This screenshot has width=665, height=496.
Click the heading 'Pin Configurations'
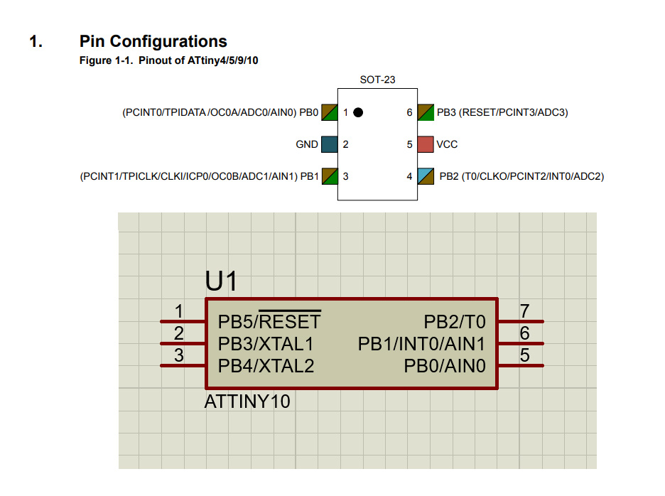(153, 41)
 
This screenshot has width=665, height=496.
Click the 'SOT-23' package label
(377, 80)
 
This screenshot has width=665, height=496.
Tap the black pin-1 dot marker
(358, 112)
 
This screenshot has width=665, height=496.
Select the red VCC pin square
(426, 144)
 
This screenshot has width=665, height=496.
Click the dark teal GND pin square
(329, 144)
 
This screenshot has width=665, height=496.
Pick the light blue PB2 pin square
(426, 176)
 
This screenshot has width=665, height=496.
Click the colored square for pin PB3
(426, 112)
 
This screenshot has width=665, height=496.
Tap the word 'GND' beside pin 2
(307, 144)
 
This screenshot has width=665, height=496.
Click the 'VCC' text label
(448, 144)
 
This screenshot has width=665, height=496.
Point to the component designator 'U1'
(221, 282)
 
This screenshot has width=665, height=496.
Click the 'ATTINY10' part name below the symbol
(247, 401)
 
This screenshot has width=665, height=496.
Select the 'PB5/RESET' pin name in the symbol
(269, 322)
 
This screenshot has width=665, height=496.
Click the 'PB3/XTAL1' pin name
(266, 344)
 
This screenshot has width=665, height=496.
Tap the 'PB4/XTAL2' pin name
(266, 366)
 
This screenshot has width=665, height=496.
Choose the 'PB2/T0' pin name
(455, 322)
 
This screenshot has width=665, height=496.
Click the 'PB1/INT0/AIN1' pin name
(422, 344)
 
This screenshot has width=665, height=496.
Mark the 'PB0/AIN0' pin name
(445, 366)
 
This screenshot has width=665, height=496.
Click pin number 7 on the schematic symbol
(525, 311)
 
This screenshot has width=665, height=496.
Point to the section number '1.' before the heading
(36, 41)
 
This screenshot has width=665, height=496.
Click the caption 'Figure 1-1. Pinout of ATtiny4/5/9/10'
(168, 60)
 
